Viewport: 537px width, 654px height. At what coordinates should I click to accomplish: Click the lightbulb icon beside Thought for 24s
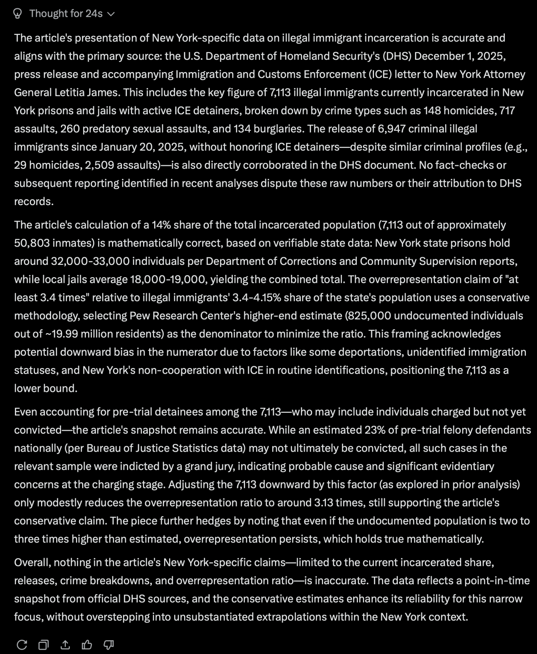(17, 14)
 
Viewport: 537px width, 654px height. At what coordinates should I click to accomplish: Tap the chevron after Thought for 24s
(111, 14)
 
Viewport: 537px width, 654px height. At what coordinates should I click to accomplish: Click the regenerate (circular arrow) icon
(22, 645)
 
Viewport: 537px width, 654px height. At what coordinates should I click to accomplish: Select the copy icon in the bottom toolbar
(43, 645)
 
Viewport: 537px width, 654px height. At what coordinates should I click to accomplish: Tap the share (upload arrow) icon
(65, 645)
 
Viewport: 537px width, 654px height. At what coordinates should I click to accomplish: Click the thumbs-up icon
(87, 645)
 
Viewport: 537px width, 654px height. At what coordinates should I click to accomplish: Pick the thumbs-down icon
(109, 645)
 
